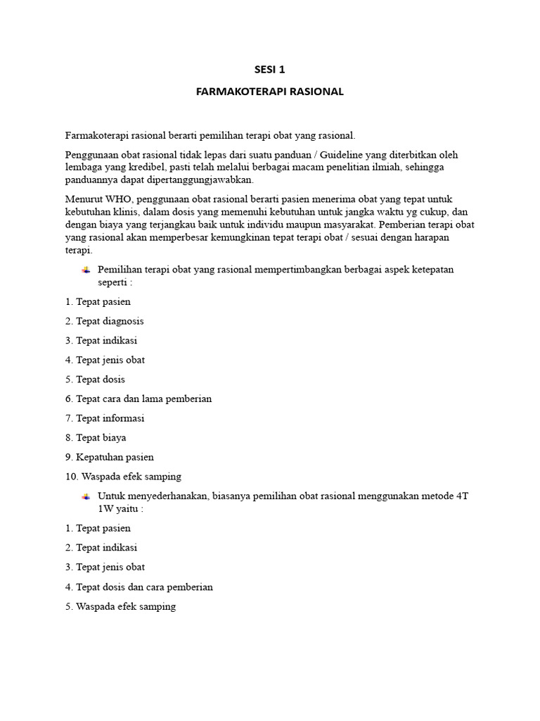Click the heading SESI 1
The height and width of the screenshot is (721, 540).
pyautogui.click(x=270, y=69)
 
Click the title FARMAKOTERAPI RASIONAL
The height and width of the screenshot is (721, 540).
pyautogui.click(x=270, y=92)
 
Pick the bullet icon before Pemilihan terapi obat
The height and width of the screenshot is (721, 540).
pyautogui.click(x=86, y=270)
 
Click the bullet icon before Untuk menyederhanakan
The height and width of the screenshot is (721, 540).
pyautogui.click(x=86, y=496)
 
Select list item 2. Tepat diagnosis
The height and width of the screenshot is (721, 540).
pyautogui.click(x=104, y=321)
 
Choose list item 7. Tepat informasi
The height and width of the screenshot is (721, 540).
pyautogui.click(x=105, y=418)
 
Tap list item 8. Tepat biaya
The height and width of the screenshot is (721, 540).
pyautogui.click(x=96, y=437)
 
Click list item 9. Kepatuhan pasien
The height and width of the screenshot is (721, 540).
pyautogui.click(x=109, y=457)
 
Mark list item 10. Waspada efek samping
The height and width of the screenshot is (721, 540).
pyautogui.click(x=123, y=477)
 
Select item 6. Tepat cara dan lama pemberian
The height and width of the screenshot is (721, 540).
pyautogui.click(x=139, y=399)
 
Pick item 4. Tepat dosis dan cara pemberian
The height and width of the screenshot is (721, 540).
pyautogui.click(x=139, y=587)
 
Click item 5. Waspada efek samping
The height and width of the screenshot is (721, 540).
pyautogui.click(x=120, y=606)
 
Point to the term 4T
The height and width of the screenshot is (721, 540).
pyautogui.click(x=462, y=496)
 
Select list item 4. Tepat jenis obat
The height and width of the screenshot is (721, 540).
pyautogui.click(x=105, y=360)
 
